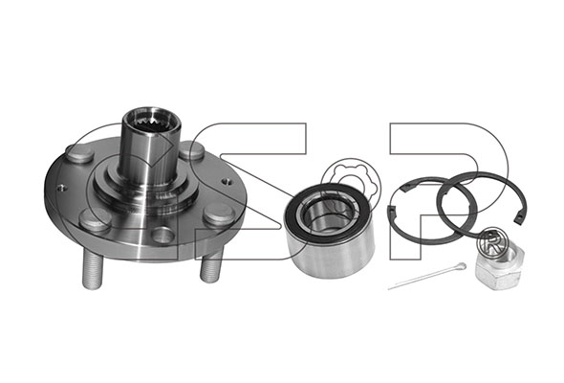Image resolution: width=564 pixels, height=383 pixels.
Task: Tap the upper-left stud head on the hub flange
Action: pyautogui.click(x=80, y=153)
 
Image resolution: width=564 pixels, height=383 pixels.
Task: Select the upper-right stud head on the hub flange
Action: pyautogui.click(x=192, y=150)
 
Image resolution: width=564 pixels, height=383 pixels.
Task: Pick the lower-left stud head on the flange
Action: pyautogui.click(x=95, y=220)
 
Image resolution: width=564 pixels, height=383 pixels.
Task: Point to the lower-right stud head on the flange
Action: pyautogui.click(x=219, y=214)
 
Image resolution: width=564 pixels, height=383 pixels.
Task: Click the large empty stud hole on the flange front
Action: pyautogui.click(x=163, y=236)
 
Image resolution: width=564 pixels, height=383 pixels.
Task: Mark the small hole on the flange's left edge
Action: pyautogui.click(x=61, y=188)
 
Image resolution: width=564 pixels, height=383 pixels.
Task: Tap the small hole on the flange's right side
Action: pyautogui.click(x=226, y=181)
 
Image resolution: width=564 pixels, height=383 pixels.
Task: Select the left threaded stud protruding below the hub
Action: pyautogui.click(x=93, y=269)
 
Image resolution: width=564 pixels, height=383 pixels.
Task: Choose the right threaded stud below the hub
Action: pyautogui.click(x=211, y=265)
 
